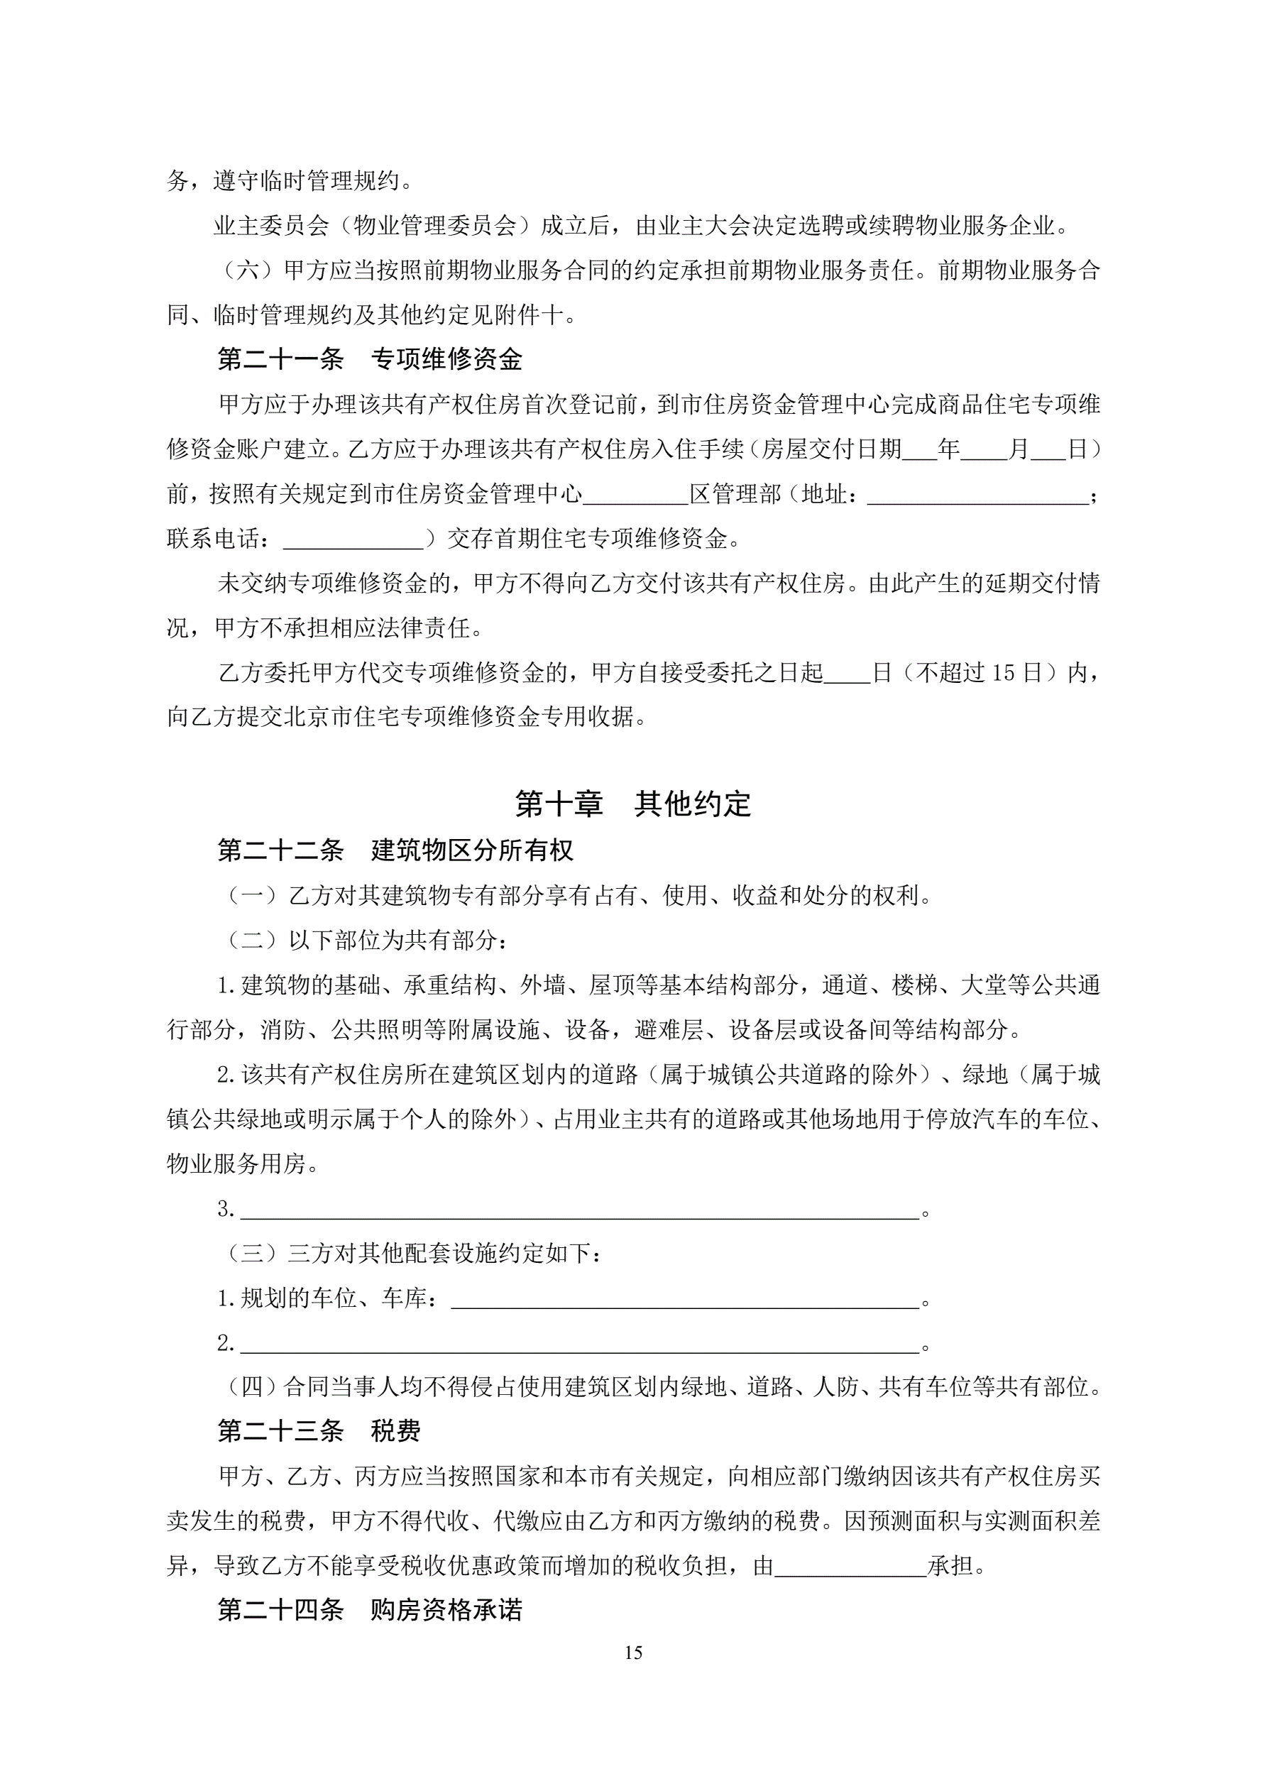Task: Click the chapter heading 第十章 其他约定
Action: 632,804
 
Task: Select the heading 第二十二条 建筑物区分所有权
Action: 395,850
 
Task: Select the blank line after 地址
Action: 977,494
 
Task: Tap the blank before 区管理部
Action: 635,494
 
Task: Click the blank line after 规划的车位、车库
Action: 685,1299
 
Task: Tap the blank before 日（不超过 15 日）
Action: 848,672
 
